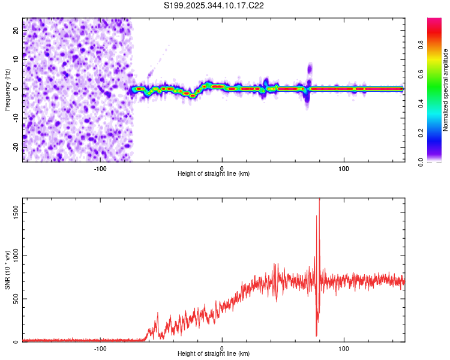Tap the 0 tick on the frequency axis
point(16,88)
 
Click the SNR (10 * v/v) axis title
point(7,269)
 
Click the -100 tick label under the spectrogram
point(100,167)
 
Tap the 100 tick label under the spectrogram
point(344,167)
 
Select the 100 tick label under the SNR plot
point(344,348)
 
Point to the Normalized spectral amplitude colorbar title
point(446,90)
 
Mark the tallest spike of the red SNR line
point(319,199)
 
